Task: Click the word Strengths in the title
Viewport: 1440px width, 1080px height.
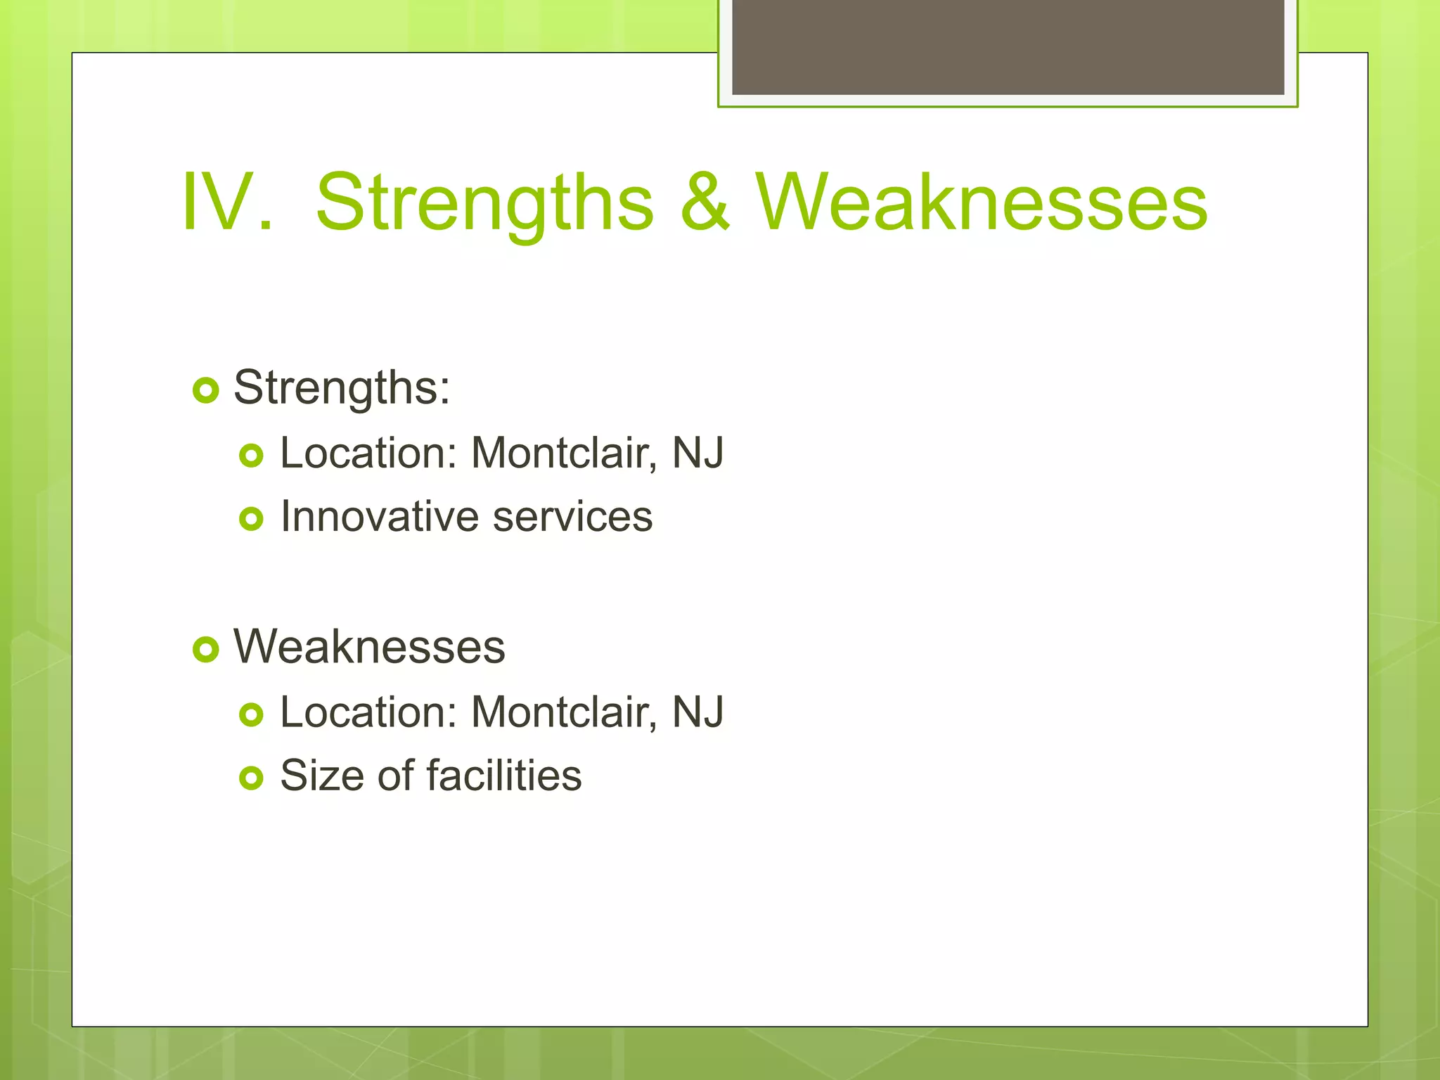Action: tap(484, 204)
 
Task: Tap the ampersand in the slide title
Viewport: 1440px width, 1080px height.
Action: tap(705, 202)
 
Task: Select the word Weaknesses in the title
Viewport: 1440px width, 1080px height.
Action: tap(982, 202)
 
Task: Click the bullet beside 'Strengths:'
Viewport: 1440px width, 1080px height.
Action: tap(205, 390)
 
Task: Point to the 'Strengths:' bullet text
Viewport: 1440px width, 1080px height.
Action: tap(342, 388)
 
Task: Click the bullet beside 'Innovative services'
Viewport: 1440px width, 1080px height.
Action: tap(251, 519)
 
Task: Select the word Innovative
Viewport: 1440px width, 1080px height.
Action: tap(379, 517)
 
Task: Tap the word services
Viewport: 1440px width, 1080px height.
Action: tap(572, 517)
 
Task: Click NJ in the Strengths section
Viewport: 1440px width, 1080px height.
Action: tap(697, 453)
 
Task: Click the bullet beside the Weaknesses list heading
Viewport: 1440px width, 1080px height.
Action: tap(205, 649)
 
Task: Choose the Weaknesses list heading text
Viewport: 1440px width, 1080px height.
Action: tap(369, 647)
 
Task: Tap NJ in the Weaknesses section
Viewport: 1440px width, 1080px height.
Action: tap(697, 712)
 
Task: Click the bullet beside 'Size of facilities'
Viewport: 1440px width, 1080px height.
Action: tap(251, 778)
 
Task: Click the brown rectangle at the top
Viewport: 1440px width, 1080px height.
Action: tap(1008, 46)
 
